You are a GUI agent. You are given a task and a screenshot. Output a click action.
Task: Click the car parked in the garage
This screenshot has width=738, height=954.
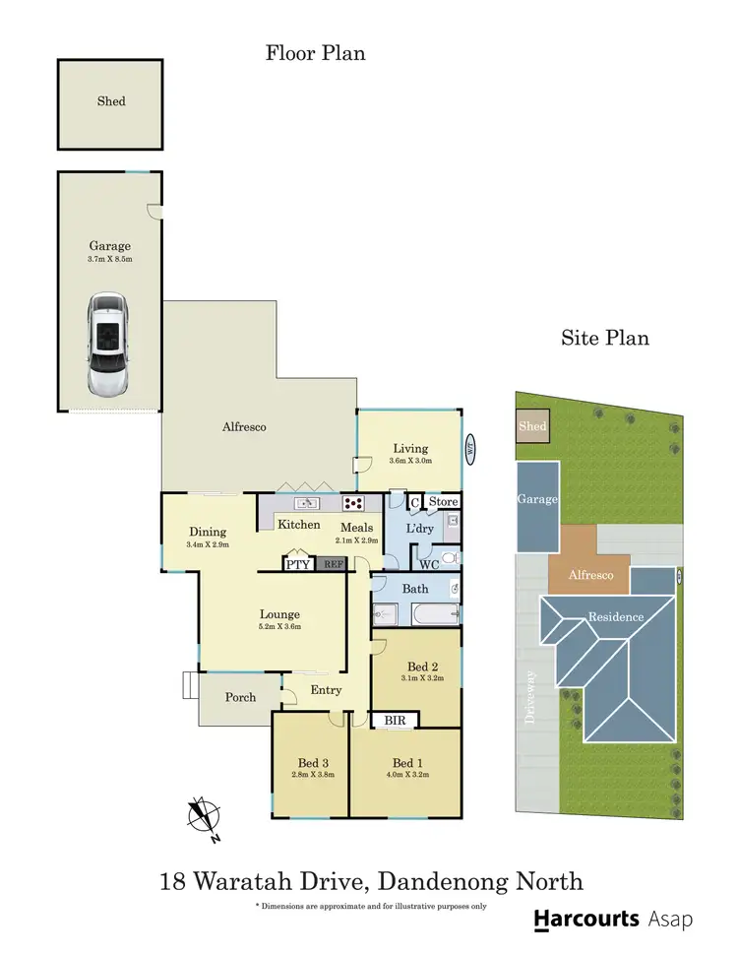coord(107,343)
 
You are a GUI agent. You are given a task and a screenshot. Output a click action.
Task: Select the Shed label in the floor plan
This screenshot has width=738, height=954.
coord(111,100)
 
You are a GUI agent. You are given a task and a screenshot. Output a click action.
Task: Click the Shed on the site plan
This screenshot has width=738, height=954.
coord(532,426)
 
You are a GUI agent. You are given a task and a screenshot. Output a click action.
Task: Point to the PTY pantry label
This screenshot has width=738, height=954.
coord(297,564)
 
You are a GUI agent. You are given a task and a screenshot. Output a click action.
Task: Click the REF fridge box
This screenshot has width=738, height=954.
coord(333,564)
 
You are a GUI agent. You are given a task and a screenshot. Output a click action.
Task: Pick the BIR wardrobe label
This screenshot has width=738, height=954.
coord(396,721)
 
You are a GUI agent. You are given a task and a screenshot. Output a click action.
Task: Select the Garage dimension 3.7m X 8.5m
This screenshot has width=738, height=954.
coord(110,259)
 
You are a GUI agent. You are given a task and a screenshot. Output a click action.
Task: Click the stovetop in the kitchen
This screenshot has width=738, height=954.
coord(354,503)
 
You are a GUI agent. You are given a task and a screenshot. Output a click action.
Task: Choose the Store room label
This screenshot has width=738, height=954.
coord(444,502)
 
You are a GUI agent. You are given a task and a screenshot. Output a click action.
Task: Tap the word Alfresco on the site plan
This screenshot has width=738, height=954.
coord(589,575)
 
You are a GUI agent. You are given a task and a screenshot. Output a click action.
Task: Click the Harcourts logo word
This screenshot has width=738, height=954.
coord(586,920)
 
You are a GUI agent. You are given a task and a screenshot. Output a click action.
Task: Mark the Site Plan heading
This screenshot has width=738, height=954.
coord(605,338)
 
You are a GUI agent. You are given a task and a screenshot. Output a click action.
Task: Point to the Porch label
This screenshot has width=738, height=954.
coord(240,697)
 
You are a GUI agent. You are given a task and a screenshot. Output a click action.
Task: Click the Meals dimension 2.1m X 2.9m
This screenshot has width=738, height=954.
coord(356,541)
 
